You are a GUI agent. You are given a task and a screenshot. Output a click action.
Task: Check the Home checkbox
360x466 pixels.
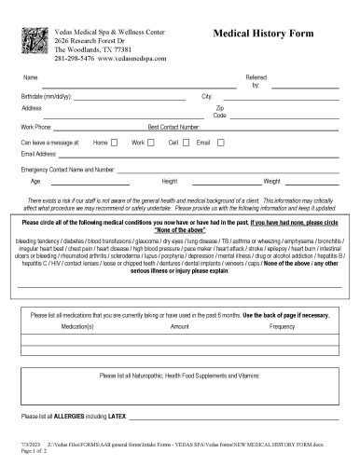[x=114, y=142]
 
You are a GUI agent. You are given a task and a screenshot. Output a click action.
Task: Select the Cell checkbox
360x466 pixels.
[x=186, y=142]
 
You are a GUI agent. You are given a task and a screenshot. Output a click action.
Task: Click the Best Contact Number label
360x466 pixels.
[x=173, y=125]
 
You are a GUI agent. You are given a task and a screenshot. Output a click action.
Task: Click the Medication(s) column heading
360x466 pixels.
[x=81, y=327]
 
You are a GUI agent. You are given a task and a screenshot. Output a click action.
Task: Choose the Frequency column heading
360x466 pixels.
[x=282, y=327]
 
